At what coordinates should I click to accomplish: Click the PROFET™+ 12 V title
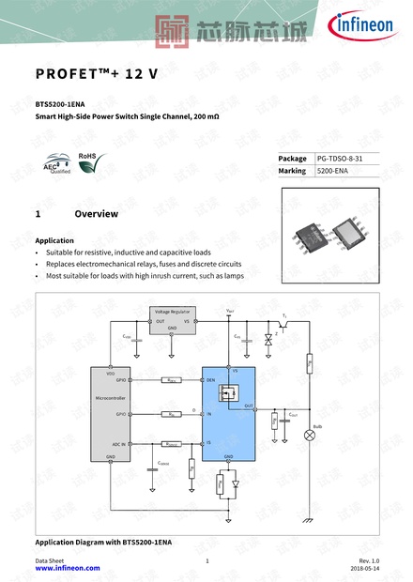pos(97,74)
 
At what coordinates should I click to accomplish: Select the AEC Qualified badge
pos(58,166)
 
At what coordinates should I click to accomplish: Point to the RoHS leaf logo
pos(90,163)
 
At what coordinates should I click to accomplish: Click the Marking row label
pos(292,171)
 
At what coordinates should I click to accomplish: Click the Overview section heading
pos(96,214)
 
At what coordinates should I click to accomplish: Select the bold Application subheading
pos(54,240)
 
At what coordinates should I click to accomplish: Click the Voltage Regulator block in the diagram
pos(173,319)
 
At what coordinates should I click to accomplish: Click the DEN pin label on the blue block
pos(210,380)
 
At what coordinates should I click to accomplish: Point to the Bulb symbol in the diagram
pos(309,436)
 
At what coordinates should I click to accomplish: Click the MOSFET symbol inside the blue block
pos(230,395)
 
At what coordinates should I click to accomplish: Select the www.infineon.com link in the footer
pos(68,568)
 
